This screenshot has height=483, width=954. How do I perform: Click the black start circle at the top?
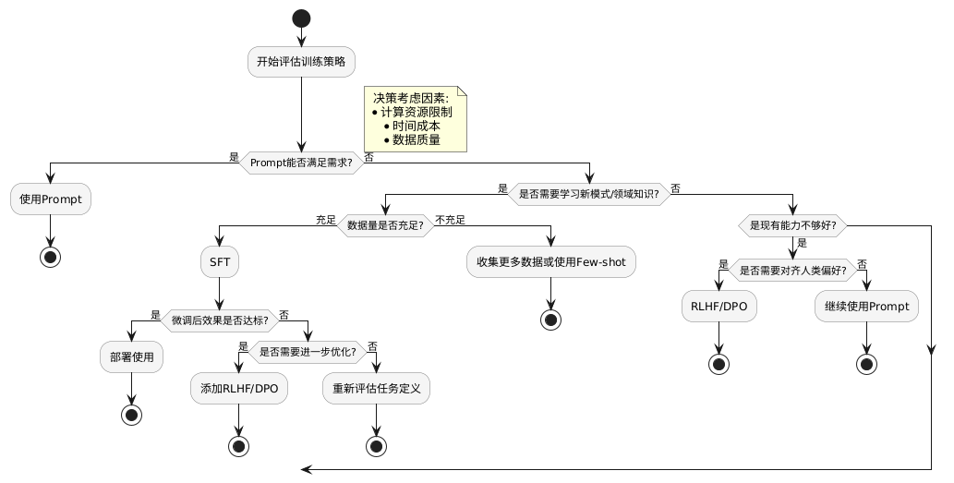(x=301, y=18)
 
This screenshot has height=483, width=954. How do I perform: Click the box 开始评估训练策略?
(x=301, y=62)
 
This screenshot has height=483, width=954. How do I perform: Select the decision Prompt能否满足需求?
(x=301, y=163)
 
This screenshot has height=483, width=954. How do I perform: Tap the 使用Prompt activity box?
(x=51, y=199)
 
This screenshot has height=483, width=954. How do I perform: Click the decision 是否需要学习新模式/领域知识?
(x=588, y=194)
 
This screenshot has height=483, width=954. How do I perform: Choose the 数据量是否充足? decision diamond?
(x=385, y=225)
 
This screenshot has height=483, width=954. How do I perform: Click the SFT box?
(x=220, y=262)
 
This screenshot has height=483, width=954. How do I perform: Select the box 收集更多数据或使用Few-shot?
(x=551, y=262)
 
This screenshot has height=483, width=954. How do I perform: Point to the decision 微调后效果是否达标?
(x=220, y=320)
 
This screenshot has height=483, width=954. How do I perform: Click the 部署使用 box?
(x=131, y=356)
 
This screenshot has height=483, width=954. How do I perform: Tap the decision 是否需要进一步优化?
(x=307, y=351)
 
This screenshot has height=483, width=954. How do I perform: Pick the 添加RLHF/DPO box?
(x=239, y=389)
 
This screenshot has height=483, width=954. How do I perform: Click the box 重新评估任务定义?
(x=376, y=389)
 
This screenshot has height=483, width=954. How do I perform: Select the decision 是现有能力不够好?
(x=792, y=225)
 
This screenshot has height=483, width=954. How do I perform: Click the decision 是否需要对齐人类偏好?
(x=792, y=271)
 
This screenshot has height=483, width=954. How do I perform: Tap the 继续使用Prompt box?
(x=866, y=307)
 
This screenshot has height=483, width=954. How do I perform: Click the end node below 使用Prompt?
(x=51, y=258)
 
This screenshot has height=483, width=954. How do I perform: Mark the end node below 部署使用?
(x=131, y=415)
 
